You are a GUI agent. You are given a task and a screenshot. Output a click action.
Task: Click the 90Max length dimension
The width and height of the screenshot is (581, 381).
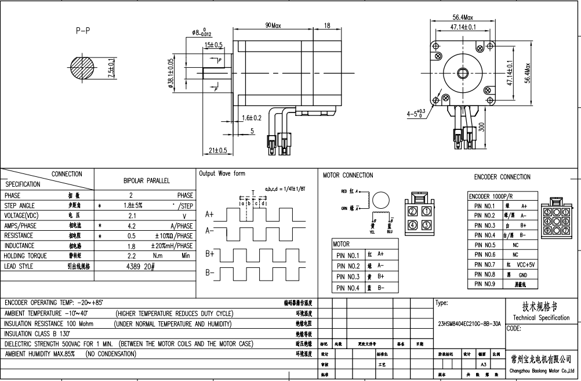[x=273, y=26]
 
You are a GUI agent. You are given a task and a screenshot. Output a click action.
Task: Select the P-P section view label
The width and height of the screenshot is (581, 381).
[x=83, y=31]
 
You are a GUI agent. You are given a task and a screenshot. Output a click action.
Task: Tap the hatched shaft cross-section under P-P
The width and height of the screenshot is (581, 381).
[x=82, y=68]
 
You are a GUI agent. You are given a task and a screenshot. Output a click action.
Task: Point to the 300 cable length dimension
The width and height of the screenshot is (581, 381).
[x=482, y=127]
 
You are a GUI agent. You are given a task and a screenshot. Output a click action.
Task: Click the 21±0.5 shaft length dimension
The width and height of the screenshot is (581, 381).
[x=218, y=151]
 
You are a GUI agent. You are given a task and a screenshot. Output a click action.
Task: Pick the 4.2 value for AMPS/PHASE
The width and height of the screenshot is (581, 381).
[x=131, y=226]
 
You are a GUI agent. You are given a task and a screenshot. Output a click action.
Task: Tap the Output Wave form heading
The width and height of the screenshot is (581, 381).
[x=222, y=173]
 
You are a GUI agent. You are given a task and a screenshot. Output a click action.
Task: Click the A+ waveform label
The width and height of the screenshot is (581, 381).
[x=210, y=214]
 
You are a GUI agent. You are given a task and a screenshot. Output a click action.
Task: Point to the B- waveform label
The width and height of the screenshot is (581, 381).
[x=210, y=273]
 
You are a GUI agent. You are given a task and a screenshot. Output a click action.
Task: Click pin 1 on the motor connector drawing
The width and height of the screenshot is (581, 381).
[x=426, y=212]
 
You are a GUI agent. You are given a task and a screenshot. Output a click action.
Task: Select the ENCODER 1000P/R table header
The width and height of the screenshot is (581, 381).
[x=491, y=197]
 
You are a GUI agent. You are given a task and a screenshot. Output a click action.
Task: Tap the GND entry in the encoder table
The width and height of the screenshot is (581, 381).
[x=523, y=274]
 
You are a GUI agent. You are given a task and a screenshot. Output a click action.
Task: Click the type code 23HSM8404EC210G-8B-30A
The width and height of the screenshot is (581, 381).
[x=469, y=325]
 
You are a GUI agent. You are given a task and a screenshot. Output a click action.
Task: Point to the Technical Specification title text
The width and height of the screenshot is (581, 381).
[x=542, y=318]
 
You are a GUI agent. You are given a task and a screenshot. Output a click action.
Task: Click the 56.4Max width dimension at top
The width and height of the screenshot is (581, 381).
[x=463, y=17]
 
